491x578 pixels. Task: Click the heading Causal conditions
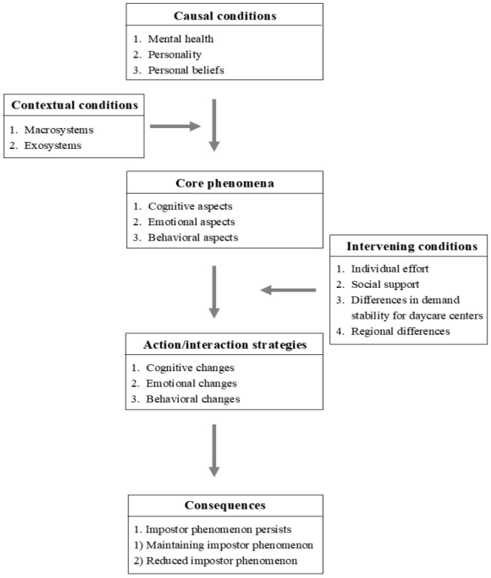point(225,16)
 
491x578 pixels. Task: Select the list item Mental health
point(180,39)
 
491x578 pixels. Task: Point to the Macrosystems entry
point(59,130)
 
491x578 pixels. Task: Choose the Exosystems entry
point(53,145)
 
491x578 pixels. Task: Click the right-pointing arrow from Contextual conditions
point(175,126)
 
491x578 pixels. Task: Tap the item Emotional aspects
point(191,222)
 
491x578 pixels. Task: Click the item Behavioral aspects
point(193,237)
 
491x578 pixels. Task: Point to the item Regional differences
point(400,331)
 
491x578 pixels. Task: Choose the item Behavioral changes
point(193,399)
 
